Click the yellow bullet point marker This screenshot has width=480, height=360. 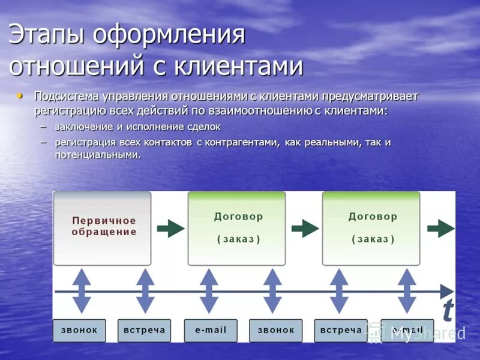pos(22,95)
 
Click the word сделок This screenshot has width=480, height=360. pos(202,127)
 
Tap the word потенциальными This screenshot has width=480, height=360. pos(97,154)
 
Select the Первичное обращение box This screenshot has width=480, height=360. pos(102,228)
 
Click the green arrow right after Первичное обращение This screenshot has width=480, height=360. pos(171,228)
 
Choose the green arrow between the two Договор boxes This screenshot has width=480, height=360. pos(305,228)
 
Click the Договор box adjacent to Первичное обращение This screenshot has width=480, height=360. pos(238,228)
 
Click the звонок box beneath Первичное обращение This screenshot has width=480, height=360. pos(79,331)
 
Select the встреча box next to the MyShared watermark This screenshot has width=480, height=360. pos(341,331)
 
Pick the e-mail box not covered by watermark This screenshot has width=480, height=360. pos(210,331)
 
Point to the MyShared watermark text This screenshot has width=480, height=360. pos(427,334)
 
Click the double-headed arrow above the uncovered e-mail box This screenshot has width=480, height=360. pos(208,291)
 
